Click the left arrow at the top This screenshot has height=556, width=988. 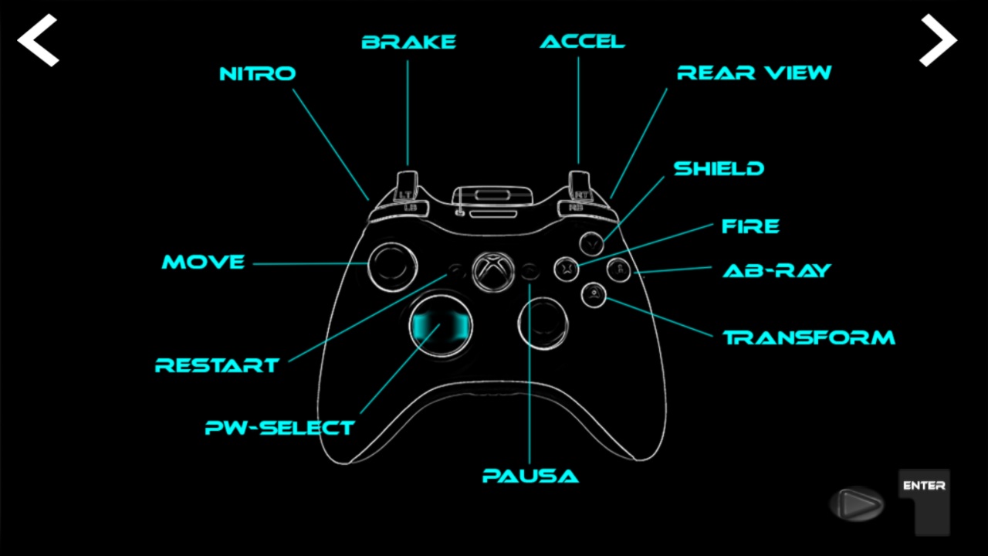coord(38,39)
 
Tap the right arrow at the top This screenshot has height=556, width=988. coord(938,39)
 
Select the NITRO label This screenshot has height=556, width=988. coord(258,74)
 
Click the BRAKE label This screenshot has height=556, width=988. coord(409,42)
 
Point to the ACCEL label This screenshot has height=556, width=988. coord(582,42)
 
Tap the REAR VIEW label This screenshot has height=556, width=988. coord(754,73)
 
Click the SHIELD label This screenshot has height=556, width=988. coord(719,169)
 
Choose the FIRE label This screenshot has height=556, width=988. coord(750,227)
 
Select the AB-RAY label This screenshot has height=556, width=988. coord(777,271)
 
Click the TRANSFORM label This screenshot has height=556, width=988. coord(809,338)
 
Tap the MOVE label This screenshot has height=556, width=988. coord(203,263)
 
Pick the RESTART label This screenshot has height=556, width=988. coord(217,365)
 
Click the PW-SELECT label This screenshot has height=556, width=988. coord(279,428)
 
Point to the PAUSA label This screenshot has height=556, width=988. coord(530,476)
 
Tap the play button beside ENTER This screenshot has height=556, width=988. coord(857,504)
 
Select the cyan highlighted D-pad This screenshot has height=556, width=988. coord(440,325)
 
